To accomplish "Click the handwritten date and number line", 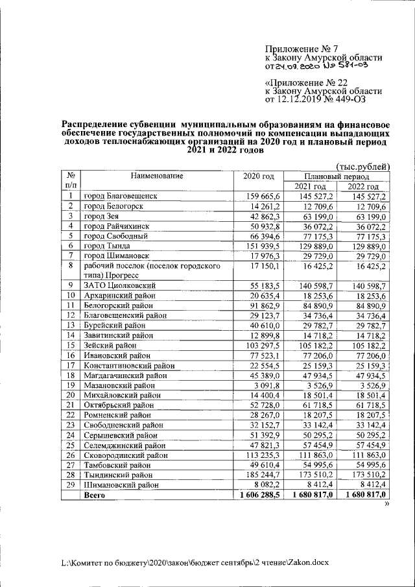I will click(323, 66).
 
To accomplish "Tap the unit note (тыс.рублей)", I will click(362, 167).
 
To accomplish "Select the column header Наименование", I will click(156, 176).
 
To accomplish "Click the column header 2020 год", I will click(258, 176).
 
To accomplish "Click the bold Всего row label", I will click(95, 495).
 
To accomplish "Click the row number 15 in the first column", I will click(69, 345).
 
